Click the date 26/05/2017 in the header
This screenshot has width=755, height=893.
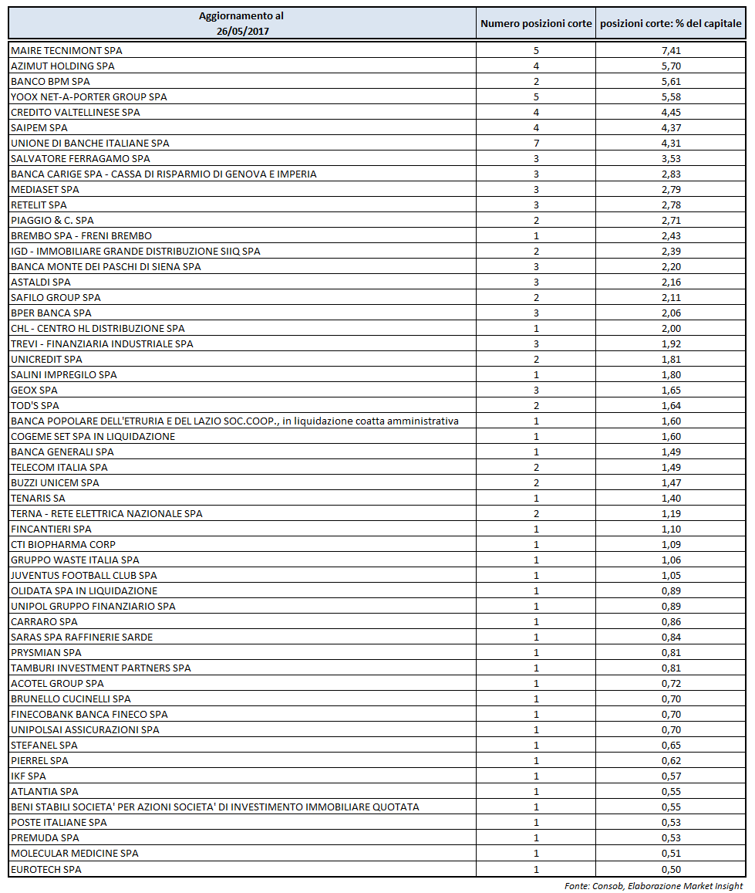pos(241,31)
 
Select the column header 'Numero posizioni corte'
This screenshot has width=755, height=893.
pos(536,24)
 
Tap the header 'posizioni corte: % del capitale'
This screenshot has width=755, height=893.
pos(671,24)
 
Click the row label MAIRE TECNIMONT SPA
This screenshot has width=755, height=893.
pos(66,51)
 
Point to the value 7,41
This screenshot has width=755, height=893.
pos(671,51)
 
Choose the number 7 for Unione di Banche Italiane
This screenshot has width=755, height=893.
pos(536,144)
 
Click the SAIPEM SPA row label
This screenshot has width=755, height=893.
pos(39,128)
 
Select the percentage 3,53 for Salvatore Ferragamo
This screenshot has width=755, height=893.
pos(671,159)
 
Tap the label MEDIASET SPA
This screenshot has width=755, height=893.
pos(45,190)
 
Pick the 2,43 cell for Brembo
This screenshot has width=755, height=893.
pos(671,236)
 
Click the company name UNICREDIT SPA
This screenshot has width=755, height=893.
pos(46,360)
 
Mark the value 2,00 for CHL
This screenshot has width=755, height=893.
pos(671,329)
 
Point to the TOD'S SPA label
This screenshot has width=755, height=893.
pos(35,406)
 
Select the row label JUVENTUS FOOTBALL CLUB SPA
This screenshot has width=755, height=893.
pos(84,576)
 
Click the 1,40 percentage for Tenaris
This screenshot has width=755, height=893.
pos(671,499)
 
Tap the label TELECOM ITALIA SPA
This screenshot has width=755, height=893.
pos(59,468)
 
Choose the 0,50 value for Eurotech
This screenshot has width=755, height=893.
pos(671,870)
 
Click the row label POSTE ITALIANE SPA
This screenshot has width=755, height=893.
pos(59,823)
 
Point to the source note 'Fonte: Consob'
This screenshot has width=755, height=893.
pos(654,886)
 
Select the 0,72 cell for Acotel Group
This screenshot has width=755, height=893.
pos(671,684)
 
